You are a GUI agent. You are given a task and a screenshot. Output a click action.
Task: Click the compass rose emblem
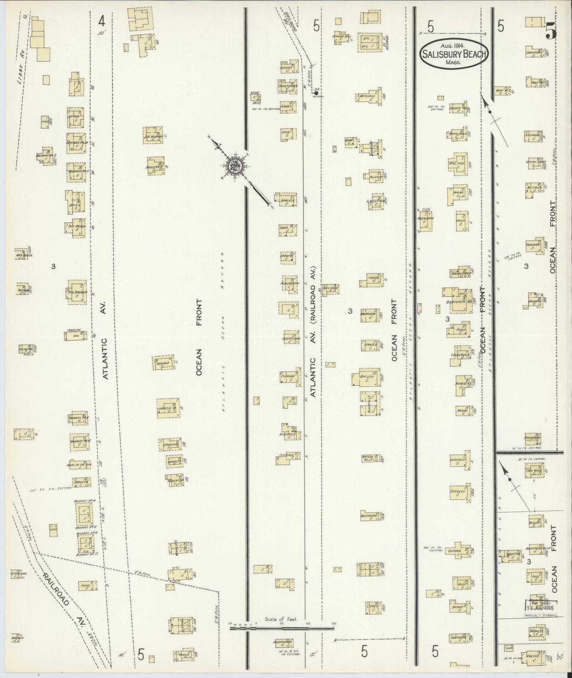coord(235,165)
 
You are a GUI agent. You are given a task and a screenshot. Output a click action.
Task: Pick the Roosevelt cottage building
coord(156,166)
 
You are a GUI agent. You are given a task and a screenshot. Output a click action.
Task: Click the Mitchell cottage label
coord(368,96)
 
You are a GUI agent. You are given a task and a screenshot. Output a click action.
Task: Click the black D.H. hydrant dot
coord(316,93)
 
